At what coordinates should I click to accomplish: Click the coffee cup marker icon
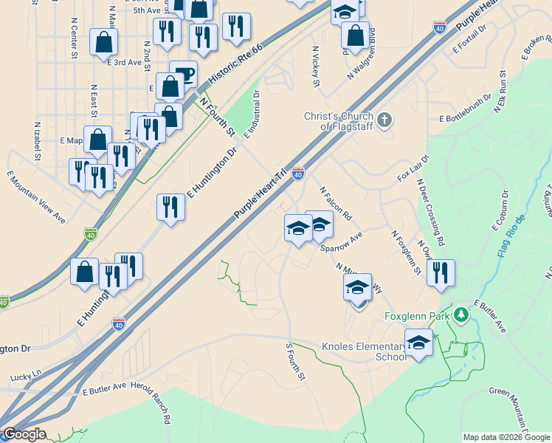[183, 74]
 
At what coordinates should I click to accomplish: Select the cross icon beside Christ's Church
[384, 120]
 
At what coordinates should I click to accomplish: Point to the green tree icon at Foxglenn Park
[461, 315]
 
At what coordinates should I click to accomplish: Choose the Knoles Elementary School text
[364, 351]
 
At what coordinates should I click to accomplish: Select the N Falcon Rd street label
[336, 201]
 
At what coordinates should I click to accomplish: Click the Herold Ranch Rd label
[160, 402]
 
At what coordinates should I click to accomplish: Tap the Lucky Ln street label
[26, 377]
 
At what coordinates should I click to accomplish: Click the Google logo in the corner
[24, 434]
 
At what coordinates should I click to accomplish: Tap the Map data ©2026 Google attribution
[506, 437]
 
